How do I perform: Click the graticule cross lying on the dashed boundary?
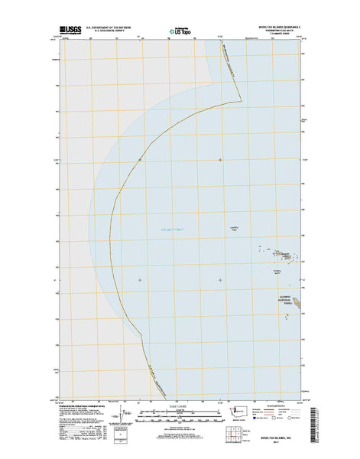(140, 159)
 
